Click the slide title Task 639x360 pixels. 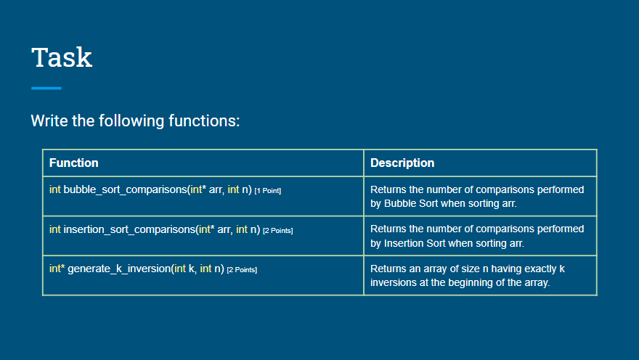point(62,57)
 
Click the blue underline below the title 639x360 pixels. point(46,89)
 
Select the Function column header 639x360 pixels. point(73,163)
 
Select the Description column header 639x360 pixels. point(402,163)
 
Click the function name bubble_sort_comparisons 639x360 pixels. point(123,190)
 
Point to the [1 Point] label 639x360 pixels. point(268,191)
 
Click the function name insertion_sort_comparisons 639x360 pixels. point(129,230)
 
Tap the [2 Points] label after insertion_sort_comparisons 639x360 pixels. point(278,231)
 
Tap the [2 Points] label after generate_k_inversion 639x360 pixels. point(243,270)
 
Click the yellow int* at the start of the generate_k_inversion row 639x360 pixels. point(57,269)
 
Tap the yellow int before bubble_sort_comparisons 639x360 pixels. point(55,190)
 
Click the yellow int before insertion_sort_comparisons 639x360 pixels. point(55,230)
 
